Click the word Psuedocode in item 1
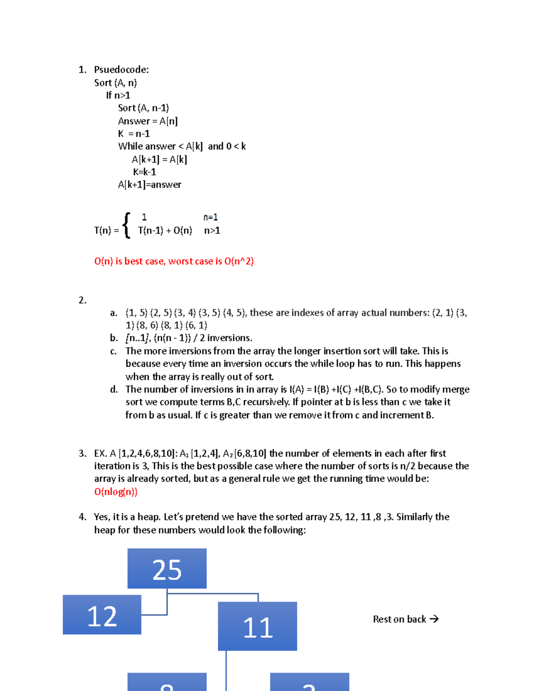coord(121,69)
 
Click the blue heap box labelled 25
coord(167,569)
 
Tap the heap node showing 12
coord(102,615)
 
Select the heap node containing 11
coord(257,626)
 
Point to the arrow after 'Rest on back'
coord(434,619)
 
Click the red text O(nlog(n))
coord(116,492)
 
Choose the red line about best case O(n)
coord(174,261)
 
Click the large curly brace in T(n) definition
coord(127,225)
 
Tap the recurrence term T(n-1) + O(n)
coord(165,230)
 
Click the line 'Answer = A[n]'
coord(148,121)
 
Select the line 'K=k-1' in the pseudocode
coord(144,172)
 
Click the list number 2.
coord(82,300)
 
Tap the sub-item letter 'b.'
coord(114,338)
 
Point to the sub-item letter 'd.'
coord(114,390)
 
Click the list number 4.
coord(82,517)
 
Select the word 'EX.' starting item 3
coord(100,453)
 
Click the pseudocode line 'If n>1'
coord(118,95)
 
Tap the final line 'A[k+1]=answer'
coord(150,185)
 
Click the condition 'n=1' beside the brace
coord(210,217)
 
